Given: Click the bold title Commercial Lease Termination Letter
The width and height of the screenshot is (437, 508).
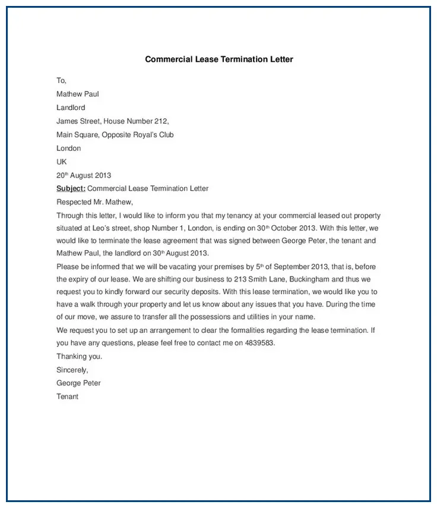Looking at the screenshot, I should click(219, 59).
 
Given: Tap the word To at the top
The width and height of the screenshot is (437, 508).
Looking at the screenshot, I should click(61, 80).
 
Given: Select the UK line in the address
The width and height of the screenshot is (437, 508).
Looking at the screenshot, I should click(62, 162).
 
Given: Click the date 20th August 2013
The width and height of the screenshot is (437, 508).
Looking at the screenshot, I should click(84, 175).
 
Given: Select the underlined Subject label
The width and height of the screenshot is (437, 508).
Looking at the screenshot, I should click(71, 189).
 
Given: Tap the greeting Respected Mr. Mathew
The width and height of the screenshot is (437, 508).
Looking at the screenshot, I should click(94, 203).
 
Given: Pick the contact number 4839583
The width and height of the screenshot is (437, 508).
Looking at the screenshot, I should click(260, 343).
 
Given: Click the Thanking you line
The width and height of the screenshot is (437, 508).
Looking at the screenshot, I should click(80, 356).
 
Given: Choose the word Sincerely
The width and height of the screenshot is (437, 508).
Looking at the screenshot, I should click(72, 370).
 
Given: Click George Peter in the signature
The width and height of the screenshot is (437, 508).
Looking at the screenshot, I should click(78, 383).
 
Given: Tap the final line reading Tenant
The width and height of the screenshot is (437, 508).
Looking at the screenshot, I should click(67, 396).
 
